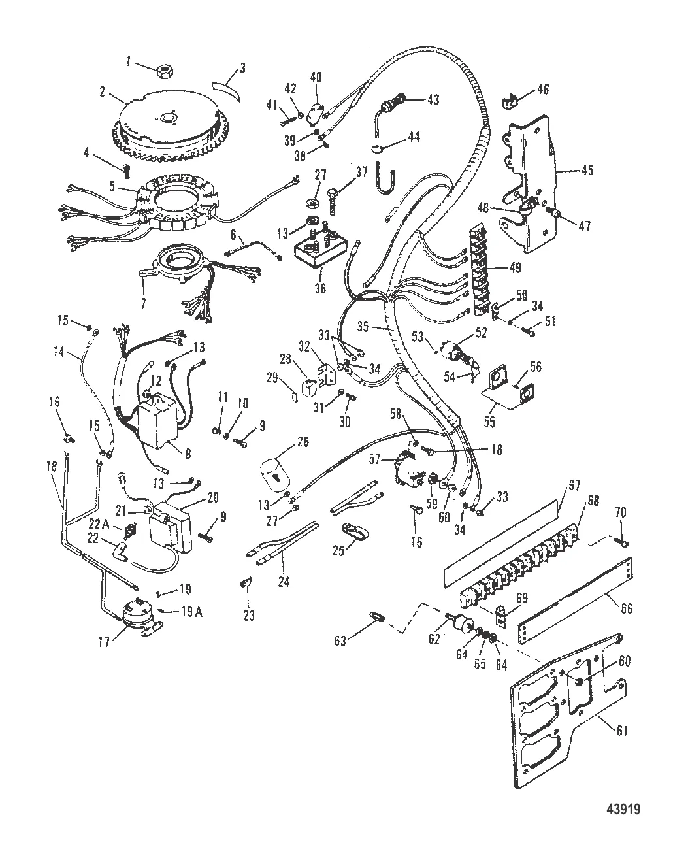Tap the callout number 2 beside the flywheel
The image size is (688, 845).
pyautogui.click(x=103, y=92)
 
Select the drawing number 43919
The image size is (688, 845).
pyautogui.click(x=623, y=821)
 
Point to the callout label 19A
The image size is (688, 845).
pyautogui.click(x=192, y=612)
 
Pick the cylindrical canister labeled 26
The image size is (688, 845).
pyautogui.click(x=274, y=473)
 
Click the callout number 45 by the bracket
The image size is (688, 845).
pyautogui.click(x=587, y=170)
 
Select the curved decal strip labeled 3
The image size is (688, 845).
pyautogui.click(x=226, y=91)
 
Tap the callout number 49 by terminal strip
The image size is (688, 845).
pyautogui.click(x=515, y=267)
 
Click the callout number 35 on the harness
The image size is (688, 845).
pyautogui.click(x=363, y=326)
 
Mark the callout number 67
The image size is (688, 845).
pyautogui.click(x=574, y=486)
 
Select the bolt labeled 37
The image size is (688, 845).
pyautogui.click(x=333, y=201)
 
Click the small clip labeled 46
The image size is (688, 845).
pyautogui.click(x=510, y=103)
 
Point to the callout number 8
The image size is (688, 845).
pyautogui.click(x=188, y=453)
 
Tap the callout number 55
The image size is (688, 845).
pyautogui.click(x=490, y=422)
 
